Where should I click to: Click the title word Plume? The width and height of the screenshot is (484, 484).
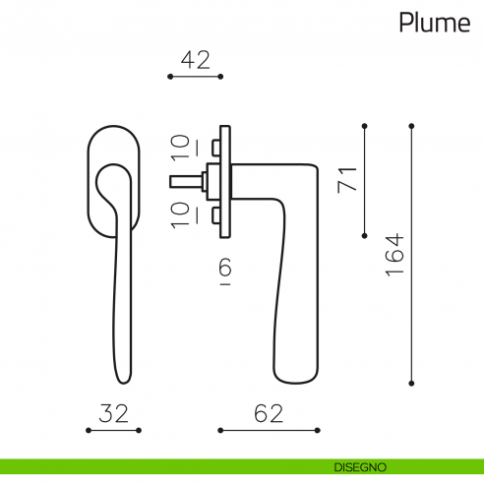click(435, 23)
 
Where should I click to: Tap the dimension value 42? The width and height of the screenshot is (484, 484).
click(196, 60)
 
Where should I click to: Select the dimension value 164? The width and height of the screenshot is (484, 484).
click(394, 255)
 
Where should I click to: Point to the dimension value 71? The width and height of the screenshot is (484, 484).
click(347, 179)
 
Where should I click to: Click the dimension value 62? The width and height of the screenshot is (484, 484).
click(269, 413)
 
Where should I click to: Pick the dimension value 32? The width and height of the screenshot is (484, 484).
click(113, 413)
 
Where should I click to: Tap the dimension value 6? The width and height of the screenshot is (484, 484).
click(225, 267)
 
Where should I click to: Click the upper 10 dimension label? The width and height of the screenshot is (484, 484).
click(181, 148)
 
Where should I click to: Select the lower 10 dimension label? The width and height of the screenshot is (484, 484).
click(181, 215)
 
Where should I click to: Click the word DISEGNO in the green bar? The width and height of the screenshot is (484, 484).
click(360, 467)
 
